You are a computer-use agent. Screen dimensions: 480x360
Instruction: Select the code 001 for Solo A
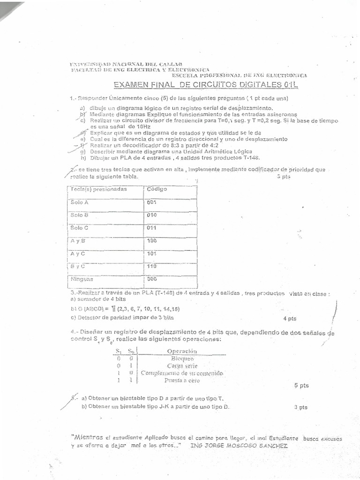click(151, 202)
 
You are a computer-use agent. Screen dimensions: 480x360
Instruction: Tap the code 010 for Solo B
click(151, 215)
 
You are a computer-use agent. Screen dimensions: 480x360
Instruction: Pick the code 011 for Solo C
click(151, 228)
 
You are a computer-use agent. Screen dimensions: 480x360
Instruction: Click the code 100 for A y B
click(151, 241)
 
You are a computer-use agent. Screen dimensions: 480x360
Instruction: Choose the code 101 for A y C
click(151, 254)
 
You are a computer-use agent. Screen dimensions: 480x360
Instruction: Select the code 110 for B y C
click(151, 266)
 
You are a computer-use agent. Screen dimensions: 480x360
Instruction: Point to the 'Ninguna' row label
click(82, 279)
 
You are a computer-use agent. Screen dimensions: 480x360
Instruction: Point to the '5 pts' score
click(301, 385)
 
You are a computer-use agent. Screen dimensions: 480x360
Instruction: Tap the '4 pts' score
click(290, 319)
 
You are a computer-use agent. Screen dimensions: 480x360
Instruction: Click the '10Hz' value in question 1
click(137, 127)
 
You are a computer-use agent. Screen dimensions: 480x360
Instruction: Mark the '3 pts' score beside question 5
click(301, 407)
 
